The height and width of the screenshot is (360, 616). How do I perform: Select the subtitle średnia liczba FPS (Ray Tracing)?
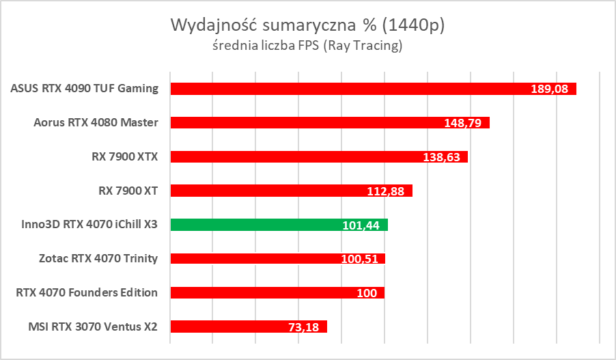coord(307,46)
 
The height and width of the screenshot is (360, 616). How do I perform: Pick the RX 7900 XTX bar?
coord(294,157)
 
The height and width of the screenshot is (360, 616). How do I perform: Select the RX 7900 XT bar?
coord(273,191)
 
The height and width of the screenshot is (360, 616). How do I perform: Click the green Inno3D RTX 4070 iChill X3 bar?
coord(253,225)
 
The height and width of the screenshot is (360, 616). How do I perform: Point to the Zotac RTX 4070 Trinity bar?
coord(253,258)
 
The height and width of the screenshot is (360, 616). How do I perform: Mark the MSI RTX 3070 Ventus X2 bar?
coord(225,327)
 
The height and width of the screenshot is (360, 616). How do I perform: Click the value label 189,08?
coord(549,89)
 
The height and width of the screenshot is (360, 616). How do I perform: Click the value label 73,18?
coord(305,327)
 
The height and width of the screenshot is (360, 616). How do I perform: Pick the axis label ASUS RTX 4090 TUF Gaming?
coord(85,88)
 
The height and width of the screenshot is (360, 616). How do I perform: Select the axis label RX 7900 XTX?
coord(124,156)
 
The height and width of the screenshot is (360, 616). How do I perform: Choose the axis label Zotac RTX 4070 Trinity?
coord(99,258)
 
